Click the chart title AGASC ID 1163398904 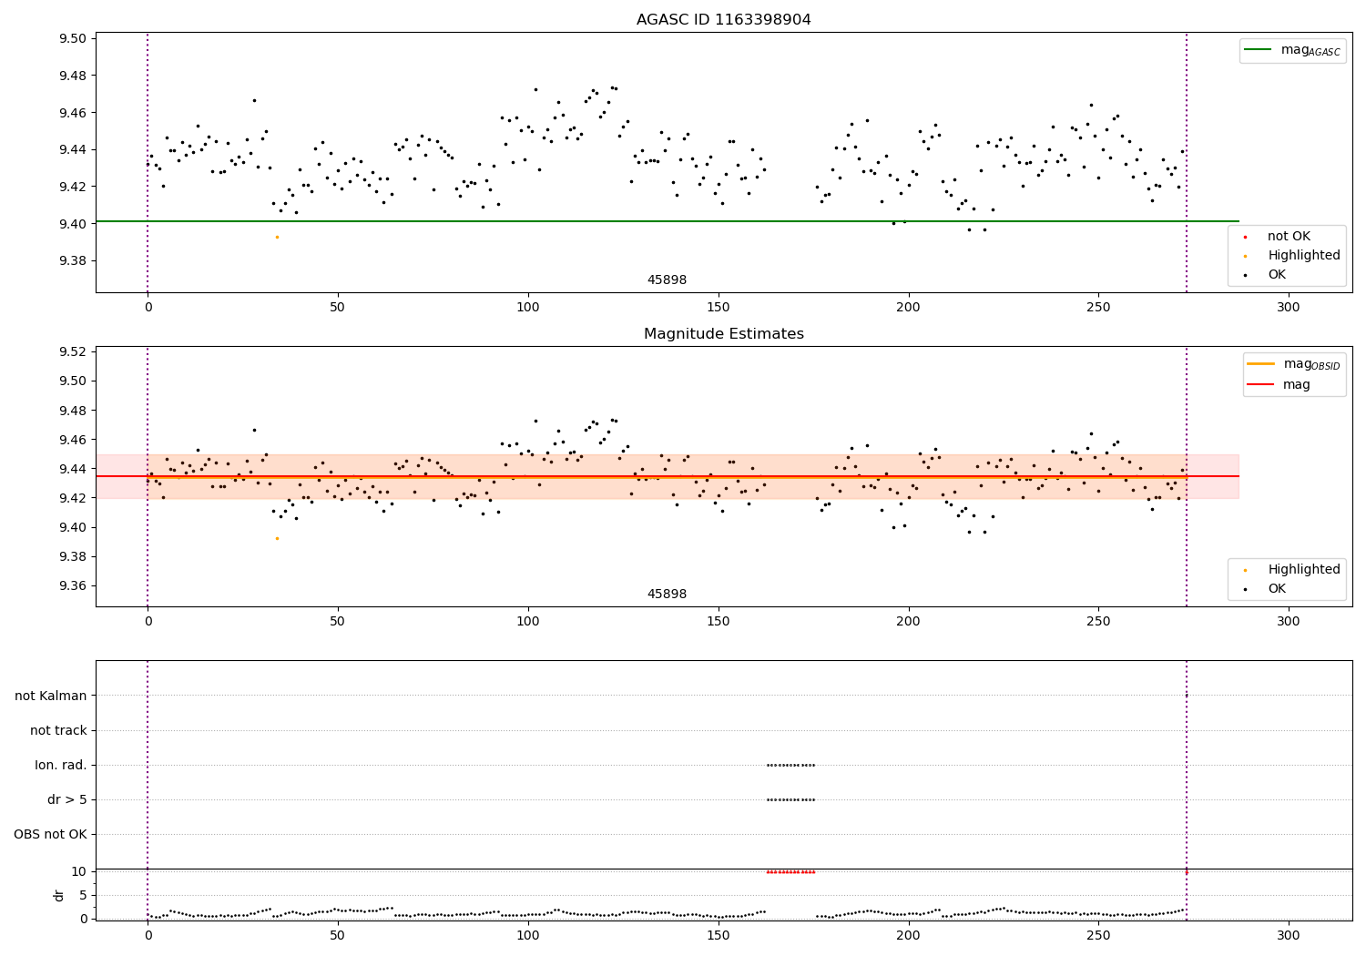tap(723, 20)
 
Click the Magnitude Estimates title tap(723, 334)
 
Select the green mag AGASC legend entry tap(1292, 50)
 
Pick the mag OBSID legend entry tap(1293, 364)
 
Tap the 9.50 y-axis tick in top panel tap(73, 38)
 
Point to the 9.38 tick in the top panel tap(73, 261)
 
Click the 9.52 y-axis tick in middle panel tap(73, 351)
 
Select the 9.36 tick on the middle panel tap(73, 585)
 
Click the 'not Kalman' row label tap(50, 696)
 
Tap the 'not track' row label tap(58, 730)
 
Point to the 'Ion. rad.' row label tap(60, 765)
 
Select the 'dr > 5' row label tap(66, 799)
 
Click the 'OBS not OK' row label tap(50, 834)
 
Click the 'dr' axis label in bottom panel tap(59, 895)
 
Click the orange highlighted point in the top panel tap(277, 237)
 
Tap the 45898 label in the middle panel tap(667, 595)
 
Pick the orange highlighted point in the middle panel tap(277, 538)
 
